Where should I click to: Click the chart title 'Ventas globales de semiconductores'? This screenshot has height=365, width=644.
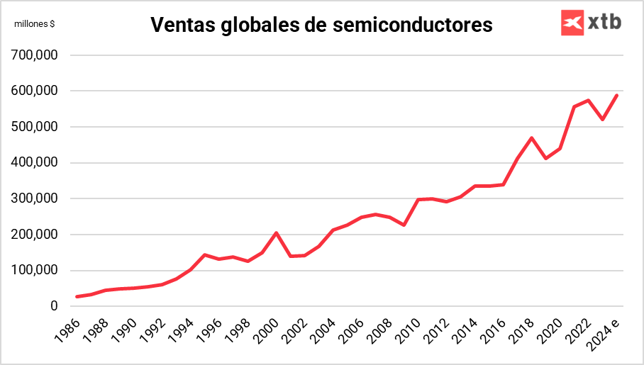(321, 26)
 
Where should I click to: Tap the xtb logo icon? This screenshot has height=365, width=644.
(571, 23)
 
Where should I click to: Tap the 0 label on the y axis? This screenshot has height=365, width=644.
(54, 306)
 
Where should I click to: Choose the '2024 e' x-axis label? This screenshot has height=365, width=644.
(606, 333)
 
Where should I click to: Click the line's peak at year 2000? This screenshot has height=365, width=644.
(276, 232)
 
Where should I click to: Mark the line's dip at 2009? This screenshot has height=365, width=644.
(404, 225)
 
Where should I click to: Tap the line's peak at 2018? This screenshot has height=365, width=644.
(531, 137)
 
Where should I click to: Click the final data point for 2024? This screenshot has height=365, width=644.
(617, 95)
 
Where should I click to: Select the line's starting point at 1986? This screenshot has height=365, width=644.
(76, 297)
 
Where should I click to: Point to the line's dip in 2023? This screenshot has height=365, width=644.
(603, 119)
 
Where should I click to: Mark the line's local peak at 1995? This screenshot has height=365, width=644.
(204, 254)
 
